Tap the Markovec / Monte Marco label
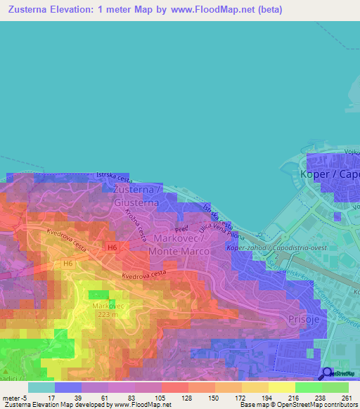pyautogui.click(x=177, y=245)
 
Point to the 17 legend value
pyautogui.click(x=50, y=398)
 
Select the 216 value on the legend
pyautogui.click(x=294, y=398)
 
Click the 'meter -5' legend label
pyautogui.click(x=13, y=398)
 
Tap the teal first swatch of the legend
pyautogui.click(x=41, y=387)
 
